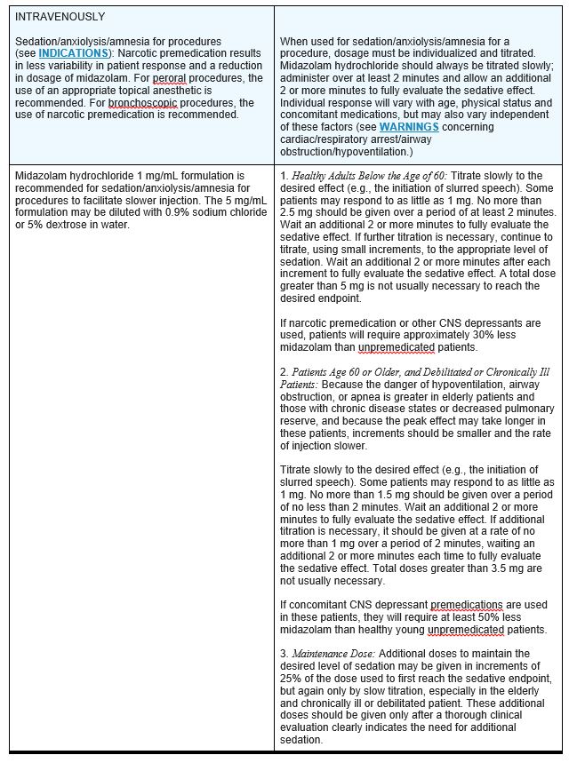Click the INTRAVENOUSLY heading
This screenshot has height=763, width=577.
[x=60, y=17]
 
